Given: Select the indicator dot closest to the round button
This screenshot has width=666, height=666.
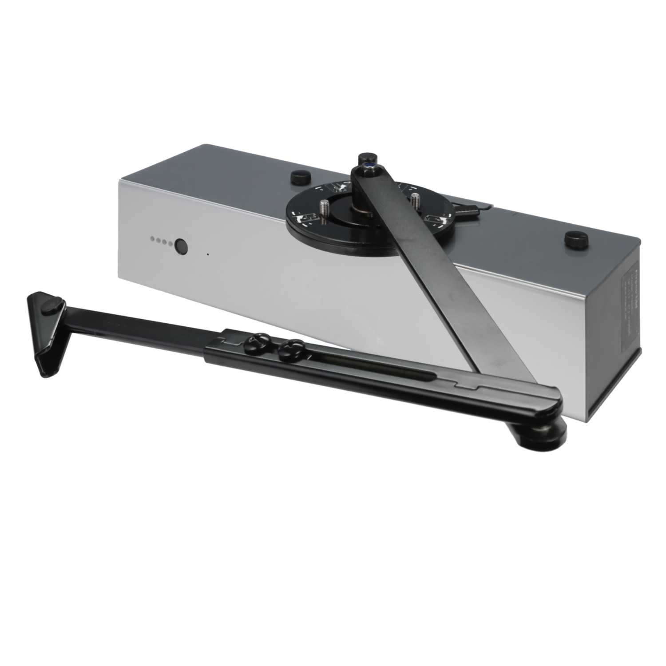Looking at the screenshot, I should [170, 243].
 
